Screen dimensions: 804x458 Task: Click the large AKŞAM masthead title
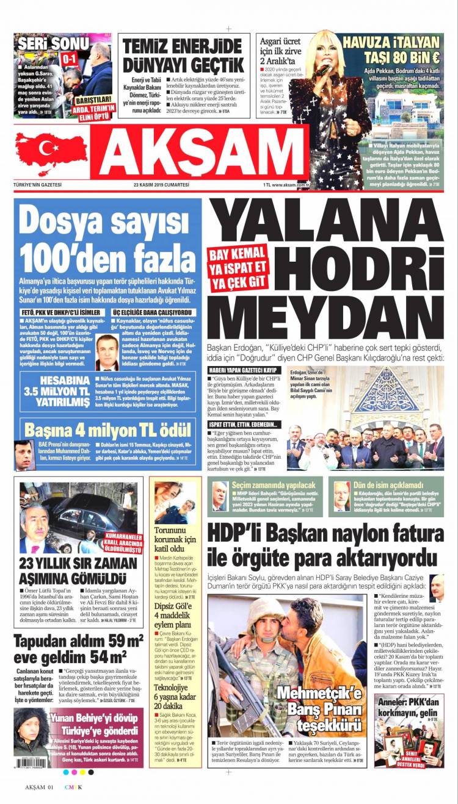pyautogui.click(x=199, y=153)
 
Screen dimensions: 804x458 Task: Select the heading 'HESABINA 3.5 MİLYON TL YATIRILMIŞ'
pyautogui.click(x=56, y=391)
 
